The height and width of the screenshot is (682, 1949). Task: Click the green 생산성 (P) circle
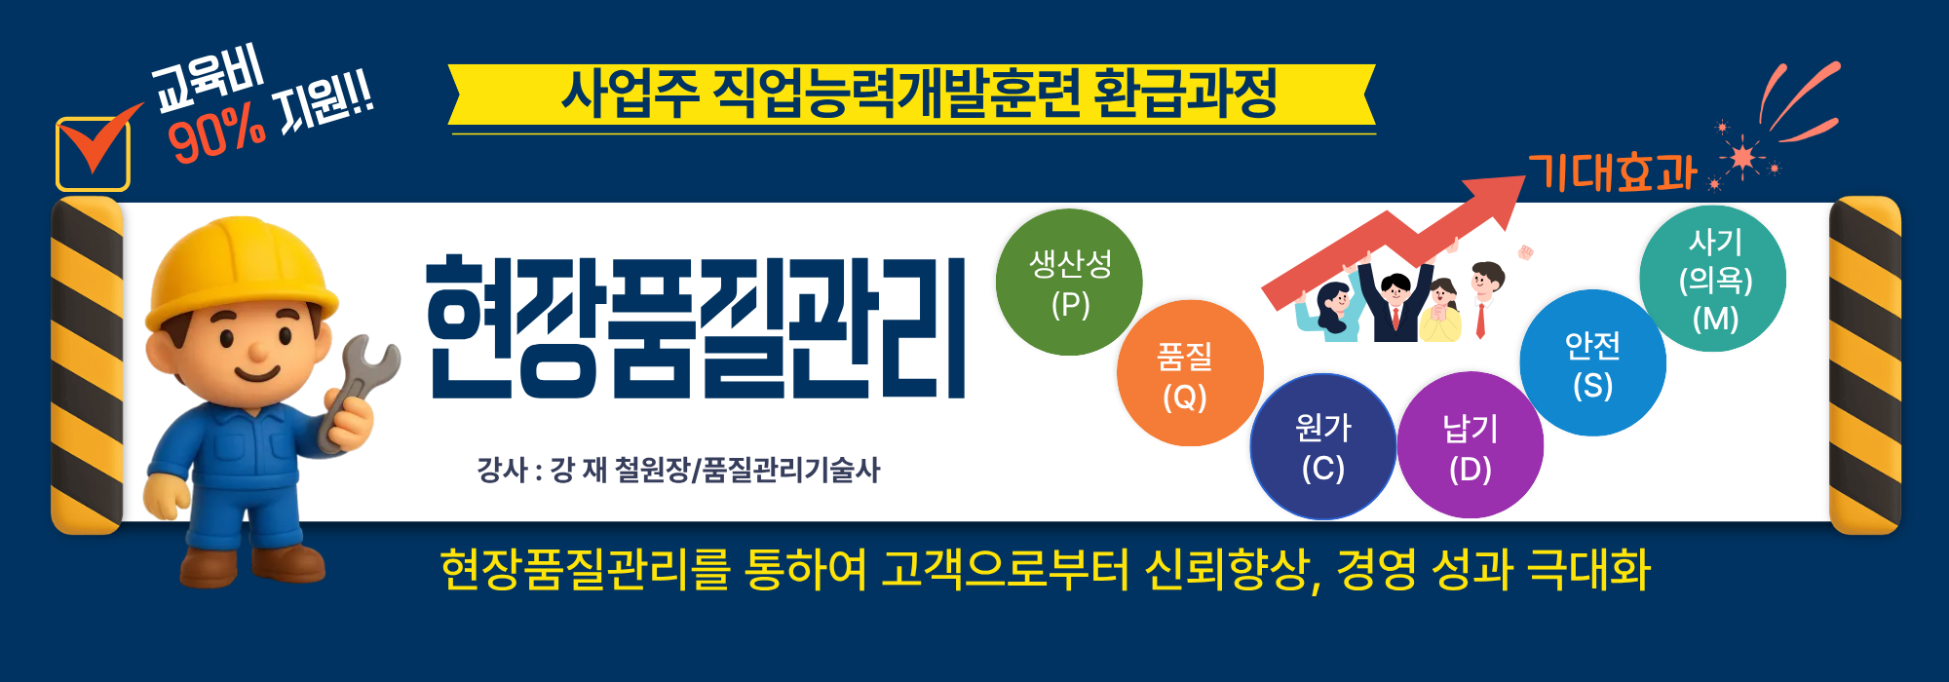pyautogui.click(x=1069, y=283)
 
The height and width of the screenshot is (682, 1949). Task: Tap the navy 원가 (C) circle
pyautogui.click(x=1322, y=446)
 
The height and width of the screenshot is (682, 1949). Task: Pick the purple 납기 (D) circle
pyautogui.click(x=1470, y=446)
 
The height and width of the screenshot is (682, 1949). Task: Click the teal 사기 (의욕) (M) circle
pyautogui.click(x=1713, y=279)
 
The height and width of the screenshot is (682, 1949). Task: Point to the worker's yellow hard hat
pyautogui.click(x=238, y=268)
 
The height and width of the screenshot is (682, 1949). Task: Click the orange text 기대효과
pyautogui.click(x=1612, y=173)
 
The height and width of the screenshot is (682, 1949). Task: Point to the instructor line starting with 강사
pyautogui.click(x=678, y=470)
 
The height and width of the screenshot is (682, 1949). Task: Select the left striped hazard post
pyautogui.click(x=87, y=365)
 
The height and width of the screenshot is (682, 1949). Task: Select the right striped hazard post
pyautogui.click(x=1864, y=365)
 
